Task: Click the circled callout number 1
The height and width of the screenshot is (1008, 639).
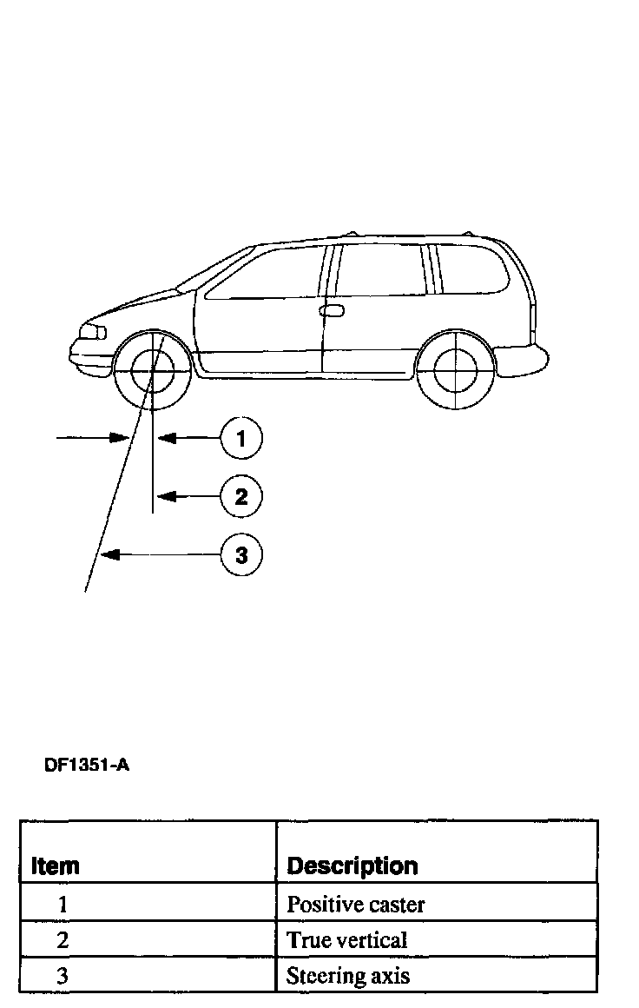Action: pos(241,439)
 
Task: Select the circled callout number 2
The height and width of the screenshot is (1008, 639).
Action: pos(241,496)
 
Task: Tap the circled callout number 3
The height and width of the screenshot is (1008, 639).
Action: pos(241,554)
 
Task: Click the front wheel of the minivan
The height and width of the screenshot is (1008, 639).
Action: pos(151,370)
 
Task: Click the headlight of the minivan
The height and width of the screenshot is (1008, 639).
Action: pos(92,332)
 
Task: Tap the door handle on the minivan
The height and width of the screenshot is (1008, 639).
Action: pos(332,310)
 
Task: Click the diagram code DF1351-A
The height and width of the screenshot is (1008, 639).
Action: pos(87,766)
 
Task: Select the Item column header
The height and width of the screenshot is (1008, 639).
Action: pos(56,866)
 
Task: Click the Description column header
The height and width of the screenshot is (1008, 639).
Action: pos(352,866)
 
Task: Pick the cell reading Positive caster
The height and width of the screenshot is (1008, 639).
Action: pos(356,905)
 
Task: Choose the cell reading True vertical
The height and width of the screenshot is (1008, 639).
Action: pos(347,940)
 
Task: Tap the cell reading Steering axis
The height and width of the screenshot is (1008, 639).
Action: pos(348,976)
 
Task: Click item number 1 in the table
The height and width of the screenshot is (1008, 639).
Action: pos(63,905)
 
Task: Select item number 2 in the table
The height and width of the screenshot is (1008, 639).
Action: pos(63,940)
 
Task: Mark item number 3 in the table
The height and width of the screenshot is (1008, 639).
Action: pos(63,976)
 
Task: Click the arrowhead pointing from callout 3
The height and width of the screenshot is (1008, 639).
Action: pos(107,554)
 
